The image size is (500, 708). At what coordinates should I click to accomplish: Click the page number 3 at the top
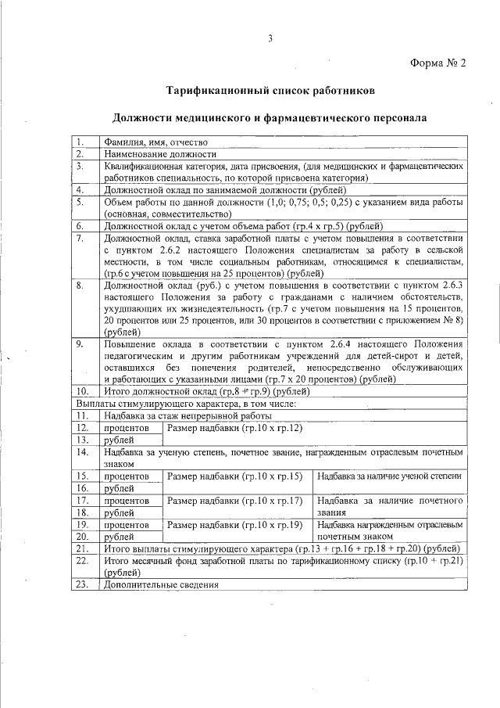pyautogui.click(x=270, y=39)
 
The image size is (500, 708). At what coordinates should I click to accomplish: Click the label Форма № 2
pyautogui.click(x=438, y=64)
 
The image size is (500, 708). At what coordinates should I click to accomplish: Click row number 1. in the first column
pyautogui.click(x=80, y=142)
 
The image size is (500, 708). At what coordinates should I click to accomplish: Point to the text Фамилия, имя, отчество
pyautogui.click(x=155, y=142)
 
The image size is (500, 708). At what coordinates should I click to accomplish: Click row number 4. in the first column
pyautogui.click(x=80, y=189)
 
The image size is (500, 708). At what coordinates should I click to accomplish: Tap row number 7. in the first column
pyautogui.click(x=80, y=238)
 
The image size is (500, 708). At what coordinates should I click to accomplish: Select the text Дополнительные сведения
pyautogui.click(x=160, y=586)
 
